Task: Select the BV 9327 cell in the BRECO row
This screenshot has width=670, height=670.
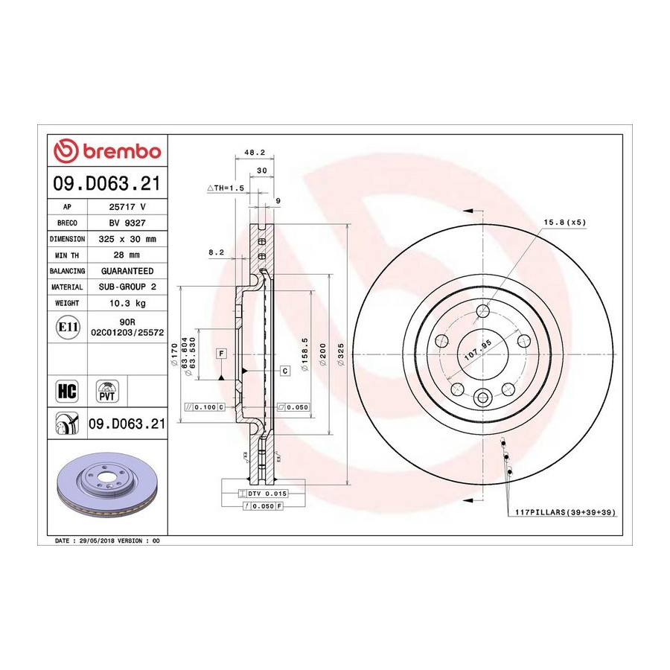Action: tap(127, 223)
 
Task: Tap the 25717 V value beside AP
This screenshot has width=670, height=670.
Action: tap(127, 207)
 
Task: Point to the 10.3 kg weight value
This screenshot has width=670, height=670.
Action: tap(127, 303)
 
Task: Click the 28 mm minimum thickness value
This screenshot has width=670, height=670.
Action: tap(127, 255)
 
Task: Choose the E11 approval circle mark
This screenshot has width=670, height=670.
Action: tap(68, 327)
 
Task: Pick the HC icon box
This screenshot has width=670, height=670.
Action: tap(67, 391)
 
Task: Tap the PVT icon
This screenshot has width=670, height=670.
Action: tap(106, 391)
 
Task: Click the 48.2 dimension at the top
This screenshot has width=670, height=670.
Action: tap(255, 153)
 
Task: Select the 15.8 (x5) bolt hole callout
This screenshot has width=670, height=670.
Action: tap(565, 222)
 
